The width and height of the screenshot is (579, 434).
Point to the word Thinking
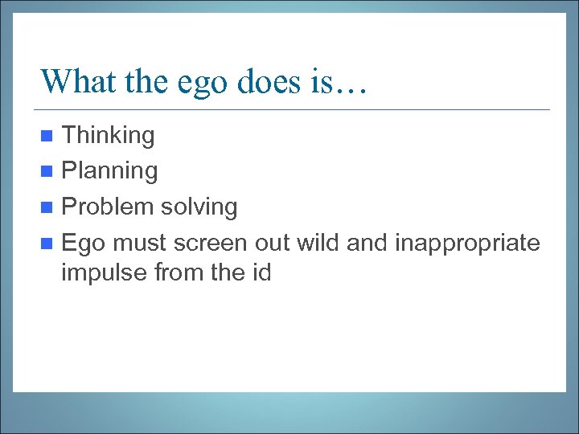(108, 136)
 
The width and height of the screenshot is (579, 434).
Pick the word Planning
(109, 171)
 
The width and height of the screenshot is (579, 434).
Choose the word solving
(199, 207)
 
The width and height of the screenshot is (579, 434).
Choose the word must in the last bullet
(138, 242)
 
